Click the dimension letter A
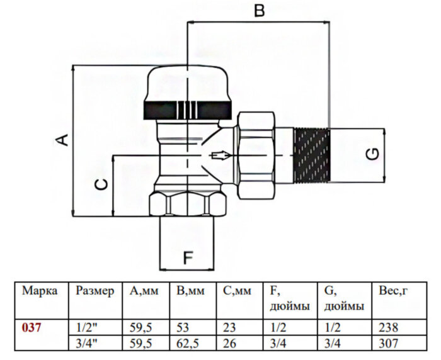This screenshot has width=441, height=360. coord(65,140)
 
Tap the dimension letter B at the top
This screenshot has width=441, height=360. coord(259,11)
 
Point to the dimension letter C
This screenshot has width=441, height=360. coord(101,184)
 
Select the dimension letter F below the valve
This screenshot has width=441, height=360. coord(188,257)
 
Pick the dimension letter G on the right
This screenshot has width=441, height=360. coord(373,155)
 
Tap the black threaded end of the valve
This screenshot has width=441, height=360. coord(311,155)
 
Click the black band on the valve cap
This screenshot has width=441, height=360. coord(188,110)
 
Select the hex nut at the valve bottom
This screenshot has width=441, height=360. coord(188,204)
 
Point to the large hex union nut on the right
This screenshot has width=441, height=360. coord(256,155)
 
